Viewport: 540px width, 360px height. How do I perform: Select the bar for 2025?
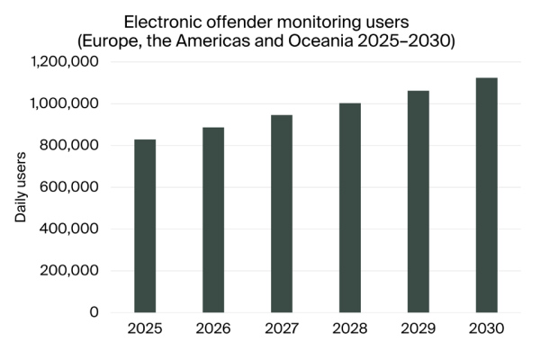click(x=145, y=226)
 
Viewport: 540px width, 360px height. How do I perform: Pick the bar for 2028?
click(x=350, y=208)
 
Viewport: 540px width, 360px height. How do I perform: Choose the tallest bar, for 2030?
click(x=487, y=195)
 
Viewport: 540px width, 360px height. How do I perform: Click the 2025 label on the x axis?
click(x=145, y=329)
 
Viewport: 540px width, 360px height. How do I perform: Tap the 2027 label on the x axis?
click(x=282, y=329)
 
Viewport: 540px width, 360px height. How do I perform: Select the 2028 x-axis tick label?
click(x=350, y=329)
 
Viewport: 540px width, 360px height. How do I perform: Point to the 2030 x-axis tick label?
click(x=487, y=329)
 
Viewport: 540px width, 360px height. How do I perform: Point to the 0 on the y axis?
click(x=94, y=312)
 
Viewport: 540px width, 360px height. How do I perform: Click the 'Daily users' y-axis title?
click(x=21, y=187)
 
